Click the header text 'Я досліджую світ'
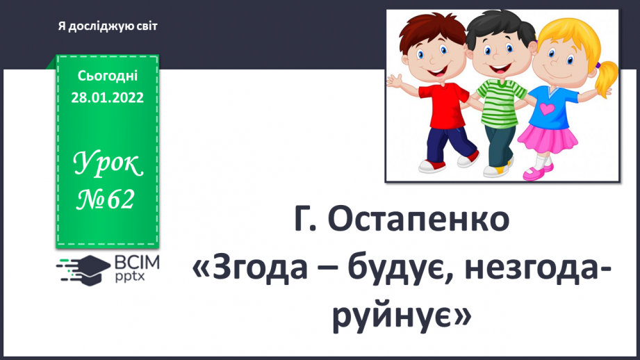tap(108, 26)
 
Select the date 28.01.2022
tap(107, 97)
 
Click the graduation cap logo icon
tap(81, 266)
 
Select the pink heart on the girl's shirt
tap(550, 108)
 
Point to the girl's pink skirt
tap(548, 142)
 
